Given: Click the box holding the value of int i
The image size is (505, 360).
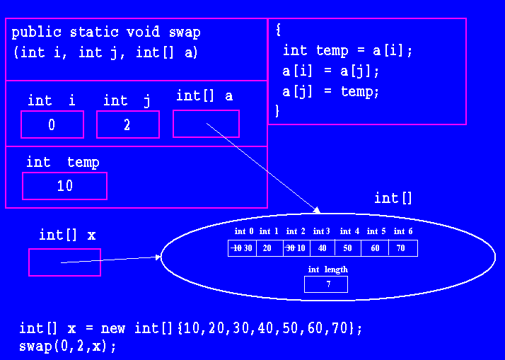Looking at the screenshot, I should click(x=52, y=124).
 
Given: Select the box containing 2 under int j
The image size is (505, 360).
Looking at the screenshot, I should click(x=127, y=124).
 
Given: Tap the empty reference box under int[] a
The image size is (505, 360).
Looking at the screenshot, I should click(x=206, y=124).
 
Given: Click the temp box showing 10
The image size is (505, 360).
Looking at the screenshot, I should click(x=64, y=186).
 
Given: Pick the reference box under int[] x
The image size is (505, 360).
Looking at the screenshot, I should click(x=64, y=262).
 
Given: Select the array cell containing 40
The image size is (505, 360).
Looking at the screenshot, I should click(x=322, y=248).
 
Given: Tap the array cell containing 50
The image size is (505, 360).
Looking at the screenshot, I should click(x=348, y=248).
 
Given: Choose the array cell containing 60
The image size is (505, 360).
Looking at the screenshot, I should click(x=375, y=248).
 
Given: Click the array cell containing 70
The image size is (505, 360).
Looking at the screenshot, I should click(x=402, y=248).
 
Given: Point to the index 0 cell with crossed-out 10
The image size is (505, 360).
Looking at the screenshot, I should click(x=243, y=248).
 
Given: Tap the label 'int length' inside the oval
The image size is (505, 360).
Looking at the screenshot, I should click(x=327, y=269).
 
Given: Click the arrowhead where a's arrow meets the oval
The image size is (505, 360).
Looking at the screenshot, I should click(x=318, y=210).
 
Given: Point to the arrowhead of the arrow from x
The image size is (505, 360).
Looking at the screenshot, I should click(x=158, y=257).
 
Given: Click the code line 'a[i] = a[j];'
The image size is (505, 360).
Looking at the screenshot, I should click(x=331, y=71).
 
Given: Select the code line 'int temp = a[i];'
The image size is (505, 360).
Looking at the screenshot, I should click(x=347, y=51).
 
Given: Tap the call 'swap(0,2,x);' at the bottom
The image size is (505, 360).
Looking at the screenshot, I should click(x=67, y=347).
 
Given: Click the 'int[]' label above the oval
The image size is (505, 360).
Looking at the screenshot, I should click(x=393, y=198).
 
